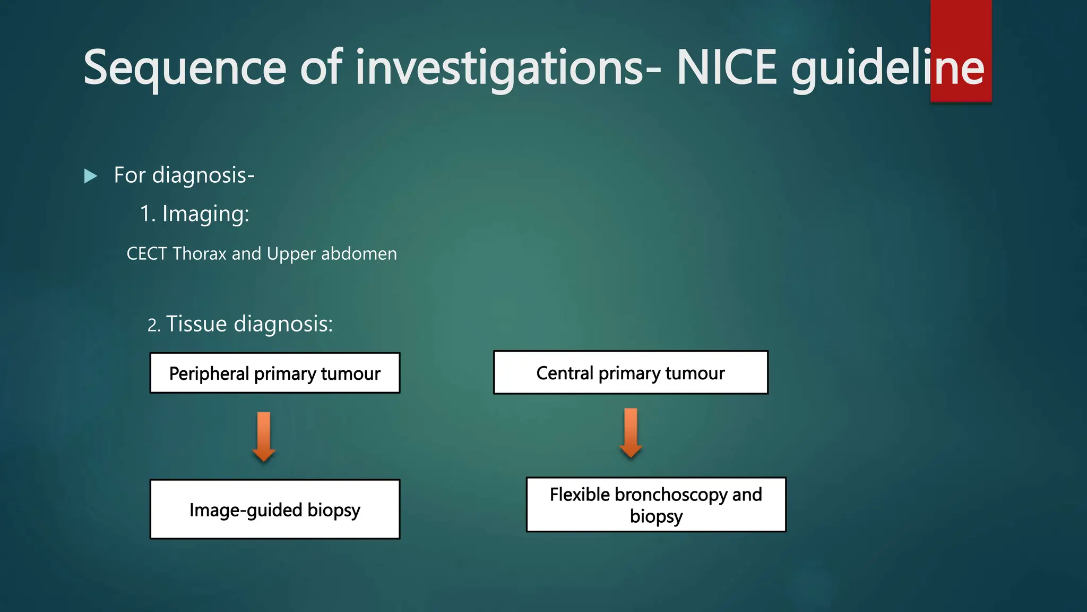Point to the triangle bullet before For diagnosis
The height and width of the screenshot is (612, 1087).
coord(91,176)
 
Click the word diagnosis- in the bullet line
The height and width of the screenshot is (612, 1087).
coord(203,175)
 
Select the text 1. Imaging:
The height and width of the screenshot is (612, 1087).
coord(194,214)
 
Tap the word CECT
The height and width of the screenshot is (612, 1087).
coord(146,254)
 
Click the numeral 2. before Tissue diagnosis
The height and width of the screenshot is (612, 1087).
coord(153,325)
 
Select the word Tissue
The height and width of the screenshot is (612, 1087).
coord(196,324)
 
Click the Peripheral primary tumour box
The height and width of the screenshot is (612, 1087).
coord(274,373)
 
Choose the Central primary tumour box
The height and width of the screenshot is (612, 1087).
coord(630,373)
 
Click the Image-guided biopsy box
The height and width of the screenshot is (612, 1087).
coord(274,509)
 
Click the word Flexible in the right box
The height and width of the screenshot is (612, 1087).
coord(580,495)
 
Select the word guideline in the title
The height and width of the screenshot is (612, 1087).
coord(887,68)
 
